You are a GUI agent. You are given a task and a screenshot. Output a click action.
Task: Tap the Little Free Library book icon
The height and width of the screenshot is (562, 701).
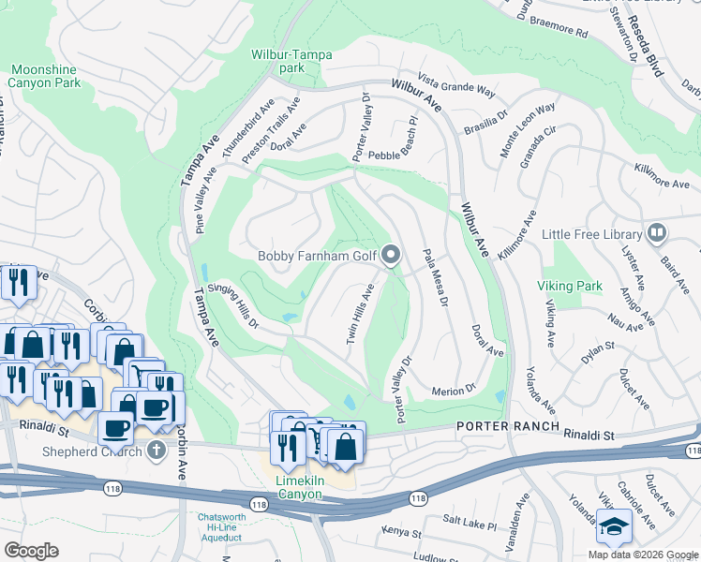pos(657,233)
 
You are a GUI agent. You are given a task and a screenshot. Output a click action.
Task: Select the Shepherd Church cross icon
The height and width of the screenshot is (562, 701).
pos(157,451)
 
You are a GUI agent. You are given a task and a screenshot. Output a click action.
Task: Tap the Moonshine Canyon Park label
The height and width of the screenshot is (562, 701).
pos(45,76)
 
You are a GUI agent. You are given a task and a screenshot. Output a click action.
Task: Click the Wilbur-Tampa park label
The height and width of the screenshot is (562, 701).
pos(291,61)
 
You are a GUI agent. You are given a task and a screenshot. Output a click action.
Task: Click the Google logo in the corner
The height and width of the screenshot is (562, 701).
pos(31,551)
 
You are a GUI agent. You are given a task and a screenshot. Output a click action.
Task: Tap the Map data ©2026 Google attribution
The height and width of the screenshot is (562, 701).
pos(642,554)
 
